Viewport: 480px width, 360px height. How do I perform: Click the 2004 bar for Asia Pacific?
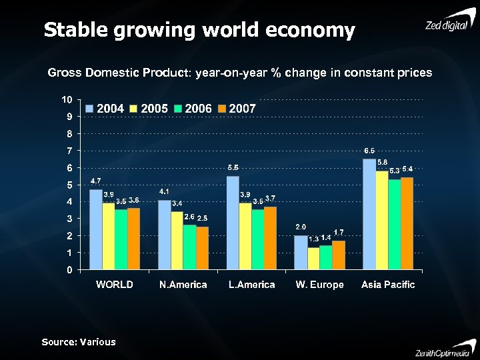[x=369, y=215]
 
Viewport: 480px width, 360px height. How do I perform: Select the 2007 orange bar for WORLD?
[x=133, y=239]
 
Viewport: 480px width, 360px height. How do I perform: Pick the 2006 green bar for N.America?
[x=190, y=247]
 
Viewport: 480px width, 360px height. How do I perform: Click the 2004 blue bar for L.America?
[x=233, y=223]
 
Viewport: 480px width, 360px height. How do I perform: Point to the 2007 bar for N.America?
[x=202, y=248]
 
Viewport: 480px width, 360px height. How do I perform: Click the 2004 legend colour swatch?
[x=90, y=109]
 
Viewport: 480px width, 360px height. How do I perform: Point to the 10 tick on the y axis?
[x=67, y=100]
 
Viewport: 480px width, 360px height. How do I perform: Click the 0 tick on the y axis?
[x=69, y=270]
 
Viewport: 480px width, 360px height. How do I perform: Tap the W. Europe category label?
[x=319, y=285]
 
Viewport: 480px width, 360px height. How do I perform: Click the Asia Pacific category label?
[x=388, y=285]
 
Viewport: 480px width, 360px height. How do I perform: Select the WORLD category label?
[x=115, y=285]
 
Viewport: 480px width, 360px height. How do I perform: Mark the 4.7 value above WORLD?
[x=95, y=181]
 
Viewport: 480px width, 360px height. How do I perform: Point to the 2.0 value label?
[x=301, y=227]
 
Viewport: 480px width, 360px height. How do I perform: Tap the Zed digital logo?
[x=449, y=23]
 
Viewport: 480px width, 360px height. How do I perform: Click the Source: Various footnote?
[x=79, y=342]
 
